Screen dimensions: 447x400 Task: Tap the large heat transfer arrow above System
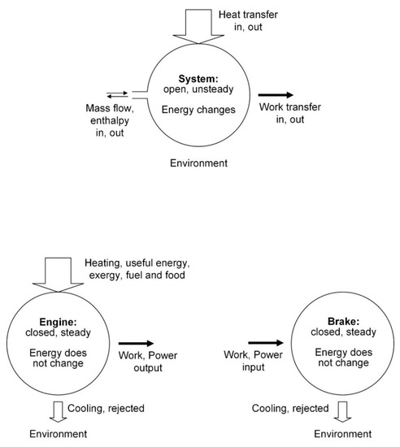click(187, 24)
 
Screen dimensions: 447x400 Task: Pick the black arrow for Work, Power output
click(136, 343)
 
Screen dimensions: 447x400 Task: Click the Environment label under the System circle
click(198, 163)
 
